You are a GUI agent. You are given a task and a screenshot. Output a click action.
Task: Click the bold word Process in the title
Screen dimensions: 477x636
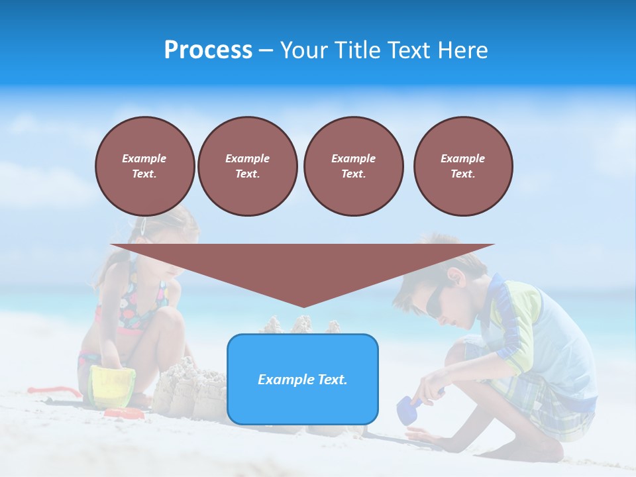click(x=208, y=50)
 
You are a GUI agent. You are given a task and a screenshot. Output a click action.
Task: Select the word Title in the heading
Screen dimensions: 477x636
click(x=356, y=50)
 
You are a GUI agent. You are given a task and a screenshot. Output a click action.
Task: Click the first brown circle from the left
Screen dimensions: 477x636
click(x=144, y=166)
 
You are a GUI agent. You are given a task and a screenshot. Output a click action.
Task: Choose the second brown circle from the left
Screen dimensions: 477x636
click(x=247, y=166)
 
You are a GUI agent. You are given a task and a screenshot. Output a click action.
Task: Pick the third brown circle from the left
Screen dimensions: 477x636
click(x=353, y=166)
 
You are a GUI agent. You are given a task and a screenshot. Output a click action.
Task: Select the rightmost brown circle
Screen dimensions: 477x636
click(x=462, y=166)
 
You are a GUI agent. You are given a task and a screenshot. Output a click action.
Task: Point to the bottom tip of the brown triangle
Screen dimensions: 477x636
click(x=303, y=306)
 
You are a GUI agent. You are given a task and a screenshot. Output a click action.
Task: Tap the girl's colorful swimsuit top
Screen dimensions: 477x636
click(x=142, y=305)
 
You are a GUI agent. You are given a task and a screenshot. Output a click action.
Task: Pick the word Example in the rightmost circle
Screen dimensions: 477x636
click(x=462, y=158)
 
